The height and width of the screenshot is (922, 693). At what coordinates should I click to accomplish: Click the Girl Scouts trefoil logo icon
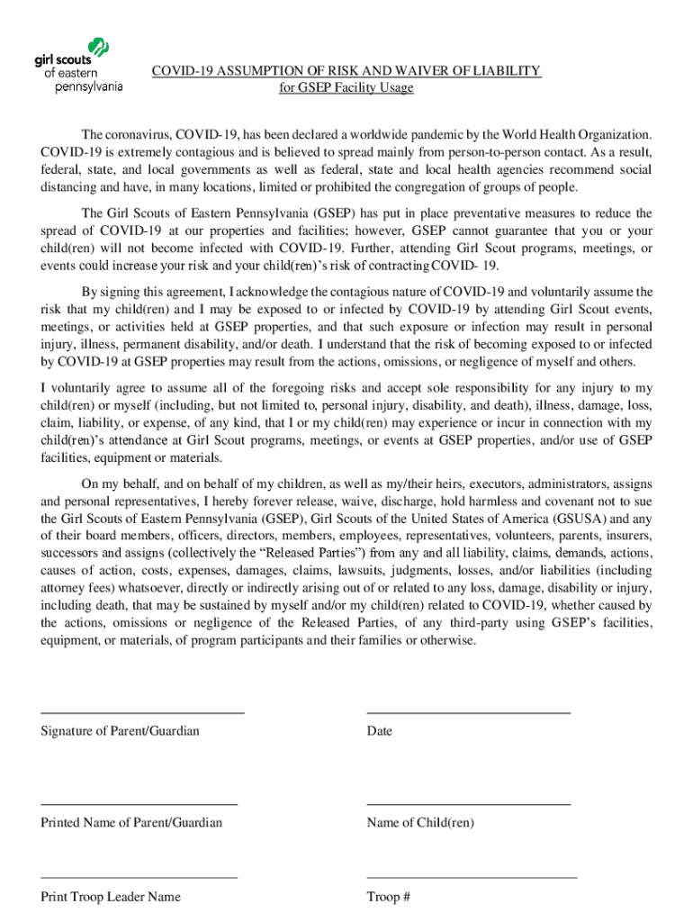coord(95,49)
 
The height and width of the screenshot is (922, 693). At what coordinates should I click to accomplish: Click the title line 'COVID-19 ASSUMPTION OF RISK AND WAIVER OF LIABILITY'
coord(346,70)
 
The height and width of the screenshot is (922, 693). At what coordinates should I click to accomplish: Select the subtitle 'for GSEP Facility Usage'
coord(346,87)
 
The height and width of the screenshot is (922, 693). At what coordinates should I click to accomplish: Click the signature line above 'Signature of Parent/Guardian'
coord(142,712)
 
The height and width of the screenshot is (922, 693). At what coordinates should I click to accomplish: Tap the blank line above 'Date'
coord(468,712)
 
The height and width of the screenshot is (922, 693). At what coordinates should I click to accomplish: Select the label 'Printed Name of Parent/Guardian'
coord(131,822)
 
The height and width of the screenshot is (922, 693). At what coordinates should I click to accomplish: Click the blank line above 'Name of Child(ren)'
coord(468,804)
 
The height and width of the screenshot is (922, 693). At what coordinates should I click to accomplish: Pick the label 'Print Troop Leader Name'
coord(111,896)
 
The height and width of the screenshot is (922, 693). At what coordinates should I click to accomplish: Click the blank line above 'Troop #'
coord(472,877)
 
